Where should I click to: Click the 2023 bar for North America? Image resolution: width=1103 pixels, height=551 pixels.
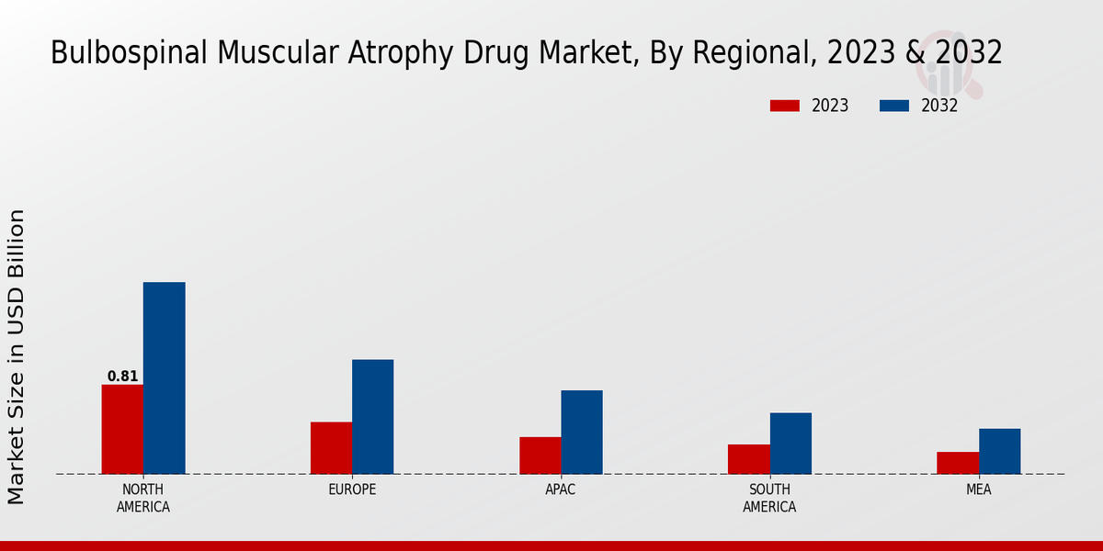pos(122,429)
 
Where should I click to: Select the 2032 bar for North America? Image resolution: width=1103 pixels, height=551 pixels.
pos(165,377)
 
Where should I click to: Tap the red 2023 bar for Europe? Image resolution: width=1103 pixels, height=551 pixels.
pos(331,447)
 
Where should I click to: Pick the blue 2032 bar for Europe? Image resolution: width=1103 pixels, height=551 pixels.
pos(373,416)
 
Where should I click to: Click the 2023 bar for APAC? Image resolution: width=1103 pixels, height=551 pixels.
pos(540,455)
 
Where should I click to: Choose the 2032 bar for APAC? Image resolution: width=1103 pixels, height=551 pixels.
pos(582,432)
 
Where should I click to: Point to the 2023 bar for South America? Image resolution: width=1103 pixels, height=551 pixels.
pos(749,458)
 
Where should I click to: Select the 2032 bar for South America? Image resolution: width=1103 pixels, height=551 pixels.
pos(790,443)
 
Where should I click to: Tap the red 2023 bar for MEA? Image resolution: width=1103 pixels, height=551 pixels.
pos(958,462)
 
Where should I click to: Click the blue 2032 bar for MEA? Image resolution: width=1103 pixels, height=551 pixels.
pos(999,451)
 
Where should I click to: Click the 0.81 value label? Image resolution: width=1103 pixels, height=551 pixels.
pos(123,377)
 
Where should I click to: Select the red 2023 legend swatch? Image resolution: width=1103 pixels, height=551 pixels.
pos(785,106)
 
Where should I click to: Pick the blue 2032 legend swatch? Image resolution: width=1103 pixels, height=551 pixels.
pos(894,106)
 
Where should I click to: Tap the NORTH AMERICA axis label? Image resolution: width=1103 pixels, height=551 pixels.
pos(143,498)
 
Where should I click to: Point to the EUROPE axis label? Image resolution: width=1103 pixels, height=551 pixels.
pos(352,489)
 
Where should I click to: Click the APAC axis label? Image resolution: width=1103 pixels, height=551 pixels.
pos(561,489)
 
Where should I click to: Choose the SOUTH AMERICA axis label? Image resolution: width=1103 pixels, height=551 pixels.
pos(769,498)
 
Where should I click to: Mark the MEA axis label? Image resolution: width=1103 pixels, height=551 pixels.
pos(979,489)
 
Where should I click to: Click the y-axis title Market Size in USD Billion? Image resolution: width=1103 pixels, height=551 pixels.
pos(17,356)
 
